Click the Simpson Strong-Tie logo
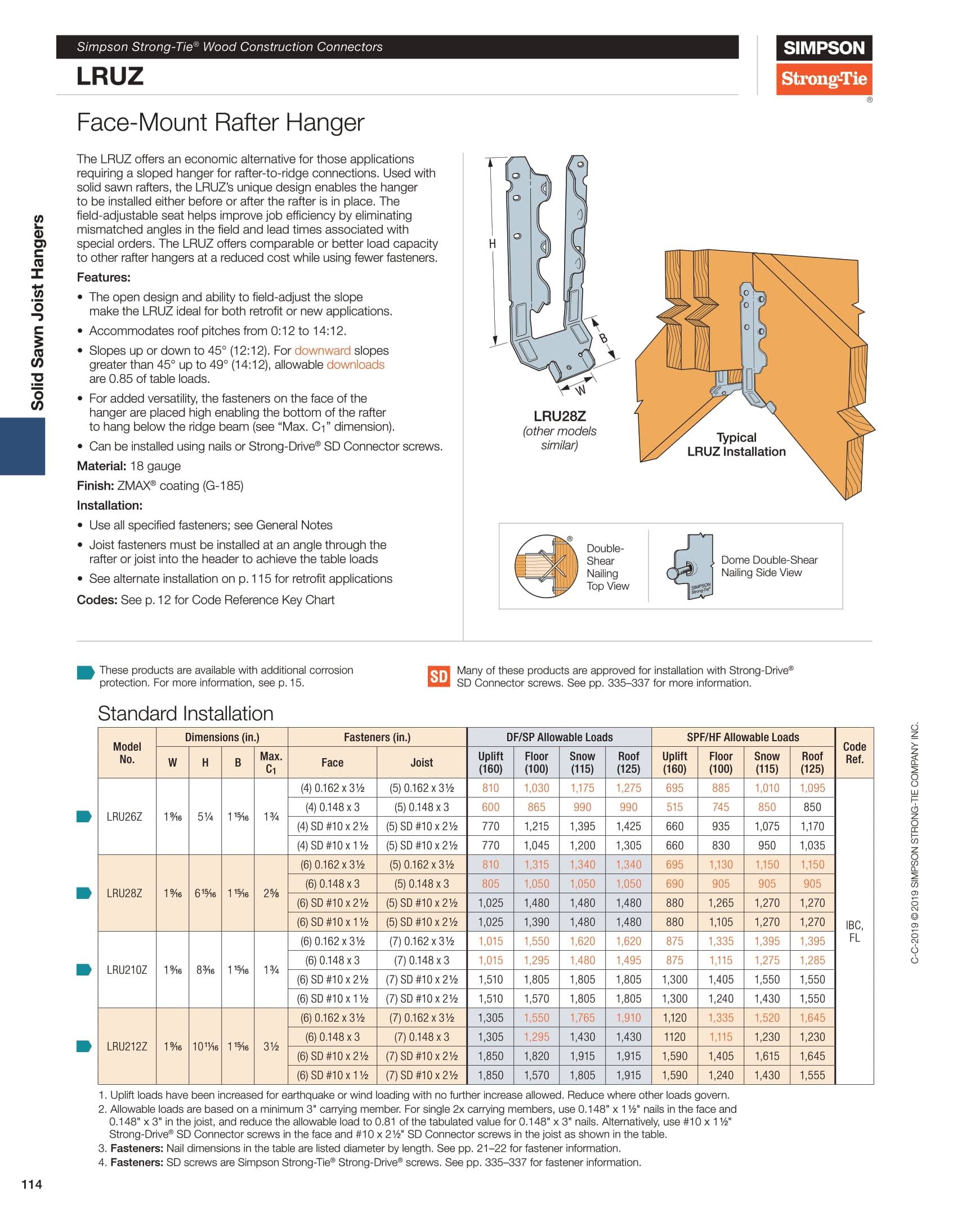pyautogui.click(x=824, y=65)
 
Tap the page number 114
pyautogui.click(x=32, y=1185)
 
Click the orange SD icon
pyautogui.click(x=439, y=676)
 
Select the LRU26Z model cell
pyautogui.click(x=124, y=817)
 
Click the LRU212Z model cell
pyautogui.click(x=127, y=1046)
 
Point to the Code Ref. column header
pyautogui.click(x=854, y=752)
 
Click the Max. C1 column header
pyautogui.click(x=271, y=762)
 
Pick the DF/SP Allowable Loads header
pyautogui.click(x=559, y=737)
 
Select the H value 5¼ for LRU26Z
pyautogui.click(x=205, y=817)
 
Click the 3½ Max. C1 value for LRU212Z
pyautogui.click(x=271, y=1046)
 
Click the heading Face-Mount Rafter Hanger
pyautogui.click(x=220, y=122)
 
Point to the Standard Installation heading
pyautogui.click(x=185, y=714)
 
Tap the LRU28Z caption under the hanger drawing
pyautogui.click(x=560, y=416)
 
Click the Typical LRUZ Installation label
pyautogui.click(x=736, y=444)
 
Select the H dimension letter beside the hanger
pyautogui.click(x=493, y=244)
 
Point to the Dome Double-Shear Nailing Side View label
pyautogui.click(x=769, y=566)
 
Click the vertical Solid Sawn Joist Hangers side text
pyautogui.click(x=37, y=312)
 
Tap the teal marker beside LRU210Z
pyautogui.click(x=84, y=970)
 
